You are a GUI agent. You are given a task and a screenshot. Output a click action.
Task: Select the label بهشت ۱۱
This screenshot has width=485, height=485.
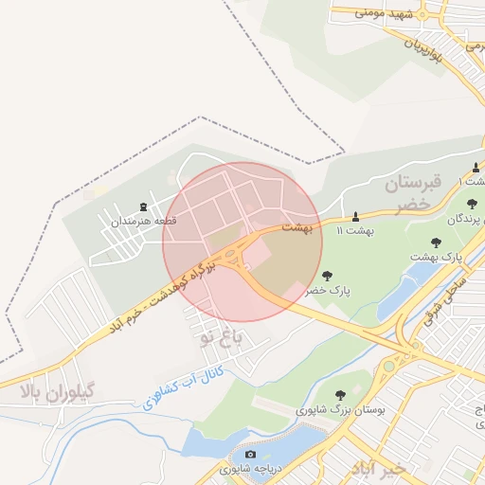[x=355, y=230]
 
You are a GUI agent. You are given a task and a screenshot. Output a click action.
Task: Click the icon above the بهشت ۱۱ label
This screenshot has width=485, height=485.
[x=355, y=217]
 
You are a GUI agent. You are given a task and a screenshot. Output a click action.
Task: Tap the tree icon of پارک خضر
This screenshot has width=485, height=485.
[x=328, y=277]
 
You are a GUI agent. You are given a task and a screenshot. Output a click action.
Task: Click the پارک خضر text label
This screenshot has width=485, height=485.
[x=328, y=292]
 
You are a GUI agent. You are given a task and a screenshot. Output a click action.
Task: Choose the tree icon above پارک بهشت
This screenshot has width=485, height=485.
[x=436, y=243]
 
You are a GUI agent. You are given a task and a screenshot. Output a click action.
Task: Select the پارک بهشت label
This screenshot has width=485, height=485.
[x=435, y=257]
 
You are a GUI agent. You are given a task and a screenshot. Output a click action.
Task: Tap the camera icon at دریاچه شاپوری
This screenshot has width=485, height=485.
[x=251, y=455]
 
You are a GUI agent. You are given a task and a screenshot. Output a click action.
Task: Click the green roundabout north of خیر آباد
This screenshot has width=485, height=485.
[x=388, y=366]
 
